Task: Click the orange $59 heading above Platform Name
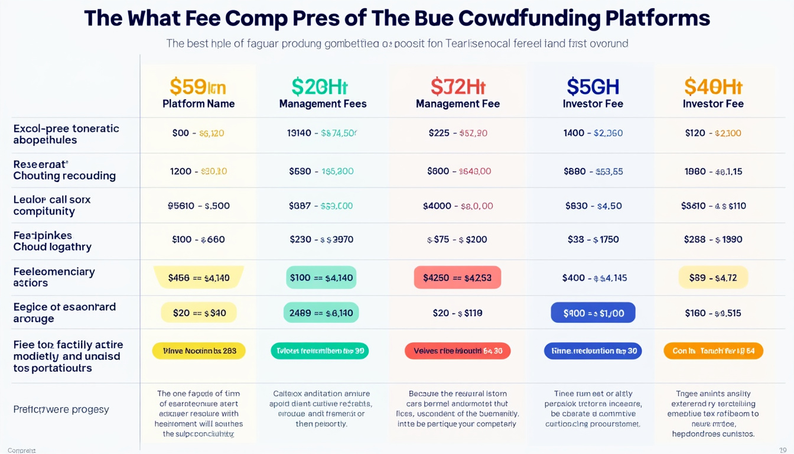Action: pos(198,87)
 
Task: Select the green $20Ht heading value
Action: pos(320,87)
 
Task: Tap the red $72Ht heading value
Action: pos(458,87)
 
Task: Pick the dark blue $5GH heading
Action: pos(593,87)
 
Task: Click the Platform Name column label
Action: pos(198,104)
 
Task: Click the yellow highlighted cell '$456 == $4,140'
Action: pos(198,277)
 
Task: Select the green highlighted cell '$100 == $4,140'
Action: pos(321,277)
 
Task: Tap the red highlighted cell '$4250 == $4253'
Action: pos(457,277)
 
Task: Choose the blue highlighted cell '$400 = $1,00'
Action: pos(593,313)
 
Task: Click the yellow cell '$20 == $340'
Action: pos(198,313)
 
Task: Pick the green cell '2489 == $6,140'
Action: pos(321,313)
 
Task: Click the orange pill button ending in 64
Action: pos(713,351)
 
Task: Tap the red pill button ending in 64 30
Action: pos(457,351)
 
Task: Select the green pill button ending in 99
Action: pos(320,351)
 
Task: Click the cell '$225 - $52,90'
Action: pos(457,133)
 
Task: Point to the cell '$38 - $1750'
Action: pos(593,239)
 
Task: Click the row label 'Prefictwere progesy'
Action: pos(61,409)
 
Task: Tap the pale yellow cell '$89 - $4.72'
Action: pos(713,277)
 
